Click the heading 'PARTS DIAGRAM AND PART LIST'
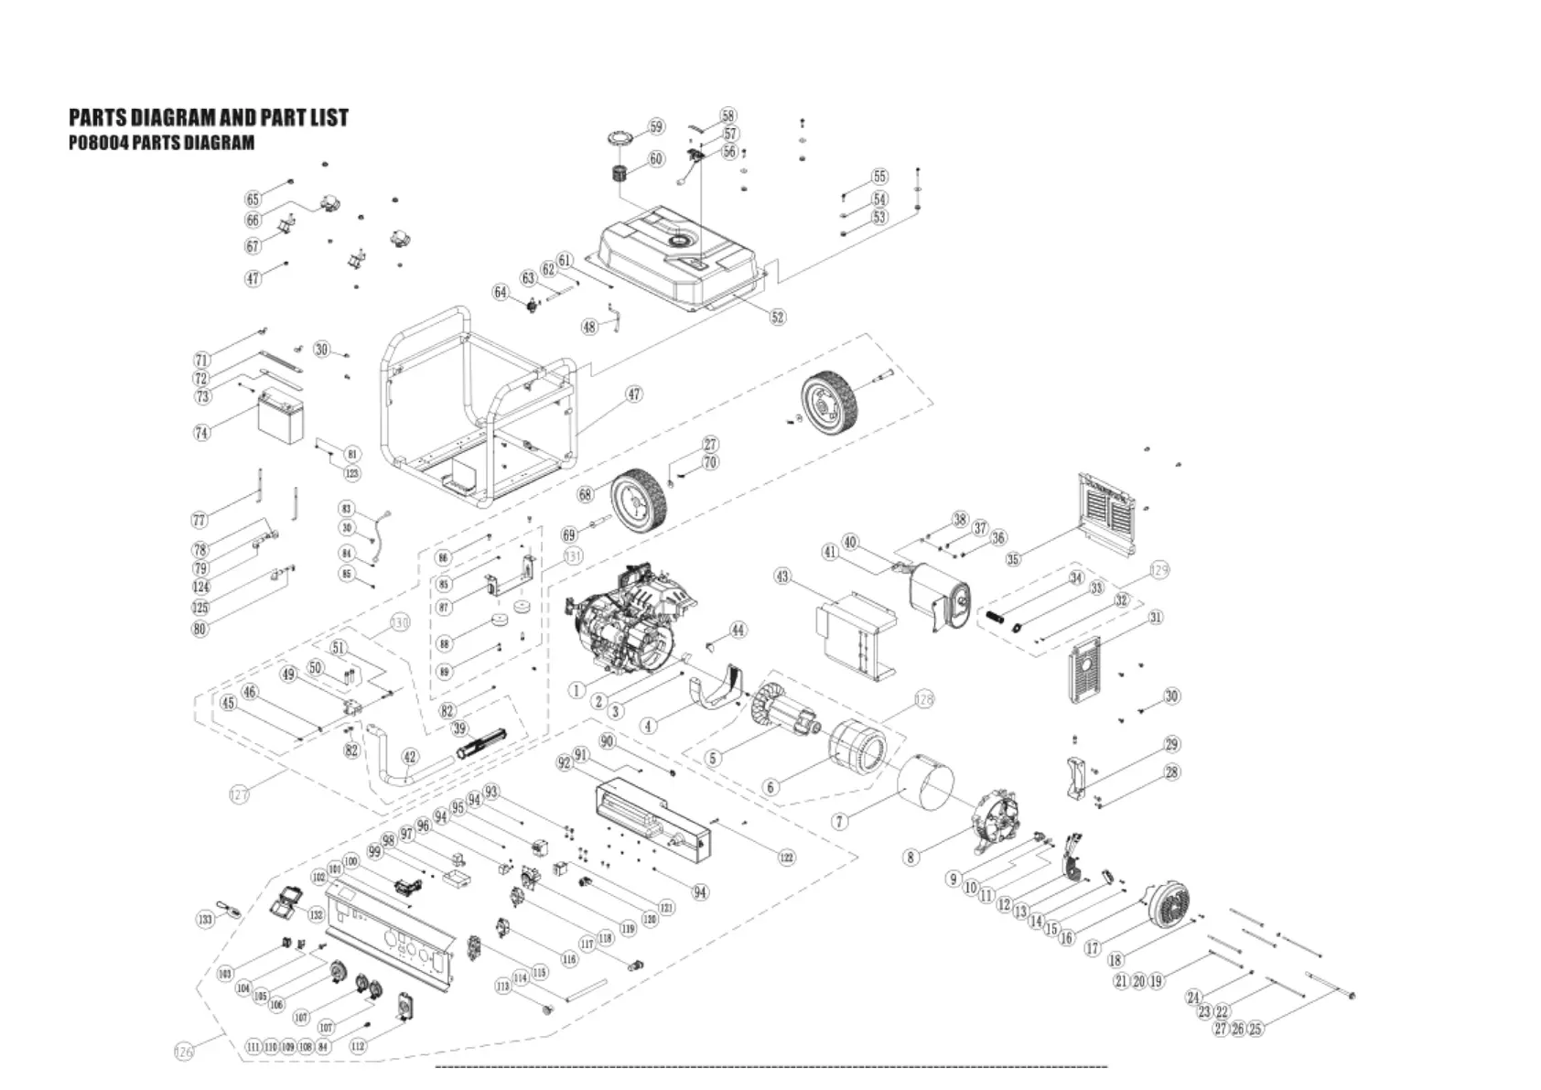tap(209, 118)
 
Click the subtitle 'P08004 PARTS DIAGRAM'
tap(162, 143)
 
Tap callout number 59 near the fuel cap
tap(656, 127)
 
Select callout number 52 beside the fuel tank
tap(777, 318)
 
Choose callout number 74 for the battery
tap(201, 433)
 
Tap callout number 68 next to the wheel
tap(585, 495)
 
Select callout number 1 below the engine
tap(577, 690)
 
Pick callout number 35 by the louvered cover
tap(1013, 559)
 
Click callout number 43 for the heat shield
tap(782, 577)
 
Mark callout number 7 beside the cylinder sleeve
tap(840, 821)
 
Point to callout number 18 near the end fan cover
tap(1115, 960)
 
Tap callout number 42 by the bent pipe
tap(410, 757)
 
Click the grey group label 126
tap(184, 1052)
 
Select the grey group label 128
tap(924, 699)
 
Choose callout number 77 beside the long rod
tap(199, 521)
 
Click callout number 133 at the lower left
tap(205, 918)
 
